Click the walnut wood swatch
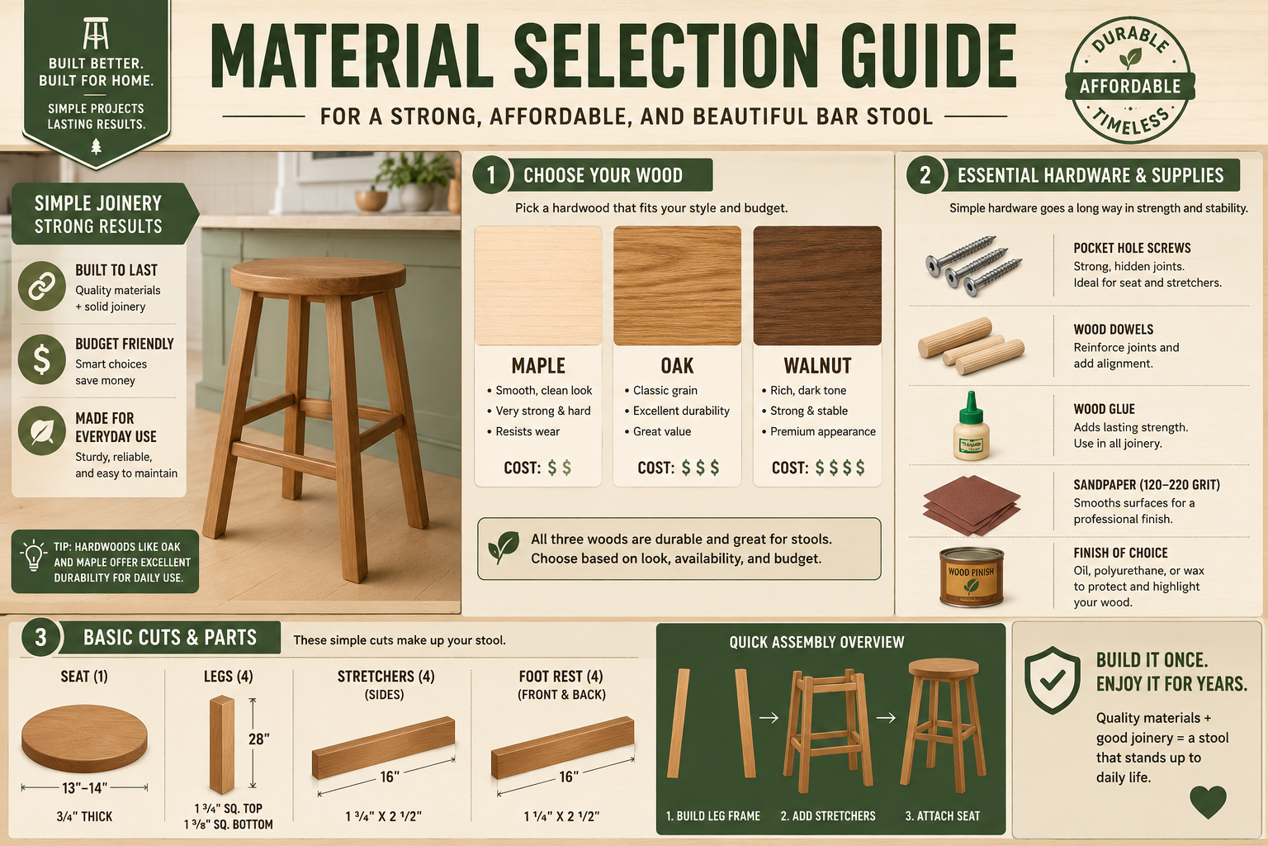pyautogui.click(x=816, y=286)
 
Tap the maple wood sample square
pyautogui.click(x=538, y=286)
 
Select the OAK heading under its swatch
pyautogui.click(x=677, y=366)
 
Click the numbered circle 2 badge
pyautogui.click(x=925, y=174)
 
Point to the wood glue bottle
pyautogui.click(x=972, y=425)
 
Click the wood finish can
pyautogui.click(x=972, y=577)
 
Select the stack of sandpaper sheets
pyautogui.click(x=972, y=506)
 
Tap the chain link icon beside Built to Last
pyautogui.click(x=42, y=286)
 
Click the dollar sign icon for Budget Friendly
pyautogui.click(x=42, y=360)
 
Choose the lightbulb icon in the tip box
pyautogui.click(x=33, y=555)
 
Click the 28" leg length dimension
pyautogui.click(x=258, y=739)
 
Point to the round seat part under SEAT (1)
pyautogui.click(x=84, y=739)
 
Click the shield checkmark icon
pyautogui.click(x=1053, y=680)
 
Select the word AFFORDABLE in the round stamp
pyautogui.click(x=1130, y=87)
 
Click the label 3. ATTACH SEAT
pyautogui.click(x=943, y=816)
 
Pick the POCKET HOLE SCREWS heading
pyautogui.click(x=1132, y=248)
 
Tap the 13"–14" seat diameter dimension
pyautogui.click(x=84, y=787)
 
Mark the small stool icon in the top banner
pyautogui.click(x=96, y=33)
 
